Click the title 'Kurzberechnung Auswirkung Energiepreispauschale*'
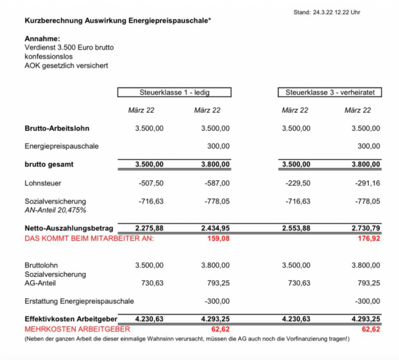[x=118, y=21]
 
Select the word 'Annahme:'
[x=42, y=39]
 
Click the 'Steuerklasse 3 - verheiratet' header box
[x=329, y=93]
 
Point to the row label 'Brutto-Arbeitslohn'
[x=56, y=129]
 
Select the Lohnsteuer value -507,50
[x=150, y=183]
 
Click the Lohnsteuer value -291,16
[x=367, y=183]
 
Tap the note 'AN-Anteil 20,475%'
[x=55, y=210]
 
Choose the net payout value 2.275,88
[x=149, y=228]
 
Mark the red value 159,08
[x=217, y=238]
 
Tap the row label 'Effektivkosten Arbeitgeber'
[x=70, y=319]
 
